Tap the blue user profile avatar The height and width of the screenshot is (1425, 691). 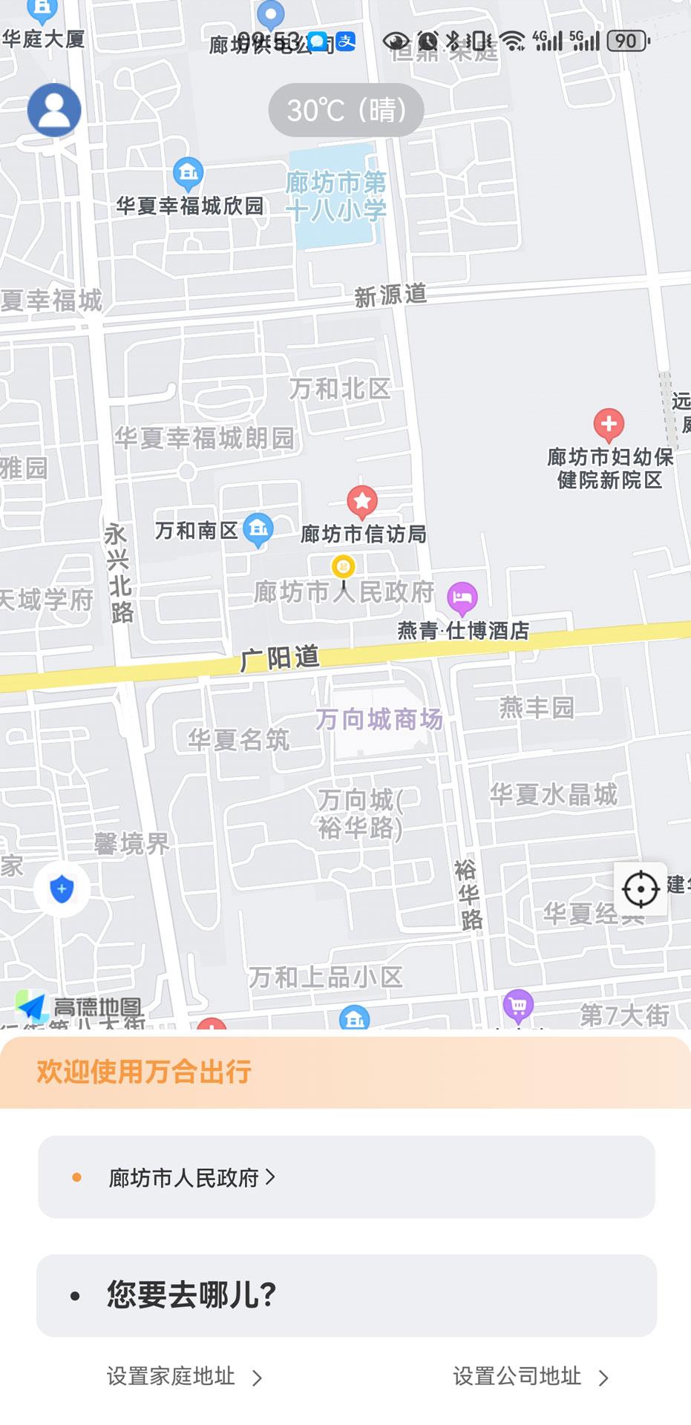[54, 110]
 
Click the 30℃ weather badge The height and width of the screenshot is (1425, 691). [346, 110]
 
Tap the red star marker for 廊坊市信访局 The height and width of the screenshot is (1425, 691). [362, 502]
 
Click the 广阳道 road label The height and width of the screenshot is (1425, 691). [280, 658]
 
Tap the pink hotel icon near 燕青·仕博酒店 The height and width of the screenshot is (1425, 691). [462, 597]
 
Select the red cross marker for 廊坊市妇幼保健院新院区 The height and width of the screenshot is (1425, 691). [609, 425]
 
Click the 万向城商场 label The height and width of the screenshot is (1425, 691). [379, 719]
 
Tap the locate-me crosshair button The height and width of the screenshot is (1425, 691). [641, 888]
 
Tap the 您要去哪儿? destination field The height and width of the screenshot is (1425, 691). [347, 1295]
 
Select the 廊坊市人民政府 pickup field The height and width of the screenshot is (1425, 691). [347, 1177]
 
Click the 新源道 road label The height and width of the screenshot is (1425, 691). [390, 295]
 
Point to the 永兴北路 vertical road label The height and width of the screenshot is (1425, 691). [119, 573]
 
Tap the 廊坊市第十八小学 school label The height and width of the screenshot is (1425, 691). [336, 196]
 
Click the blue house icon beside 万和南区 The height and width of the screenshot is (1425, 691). [258, 529]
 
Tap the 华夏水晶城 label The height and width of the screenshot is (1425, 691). [554, 794]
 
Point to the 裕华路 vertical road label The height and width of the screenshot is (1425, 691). [469, 894]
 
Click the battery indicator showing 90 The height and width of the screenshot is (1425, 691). [628, 41]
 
